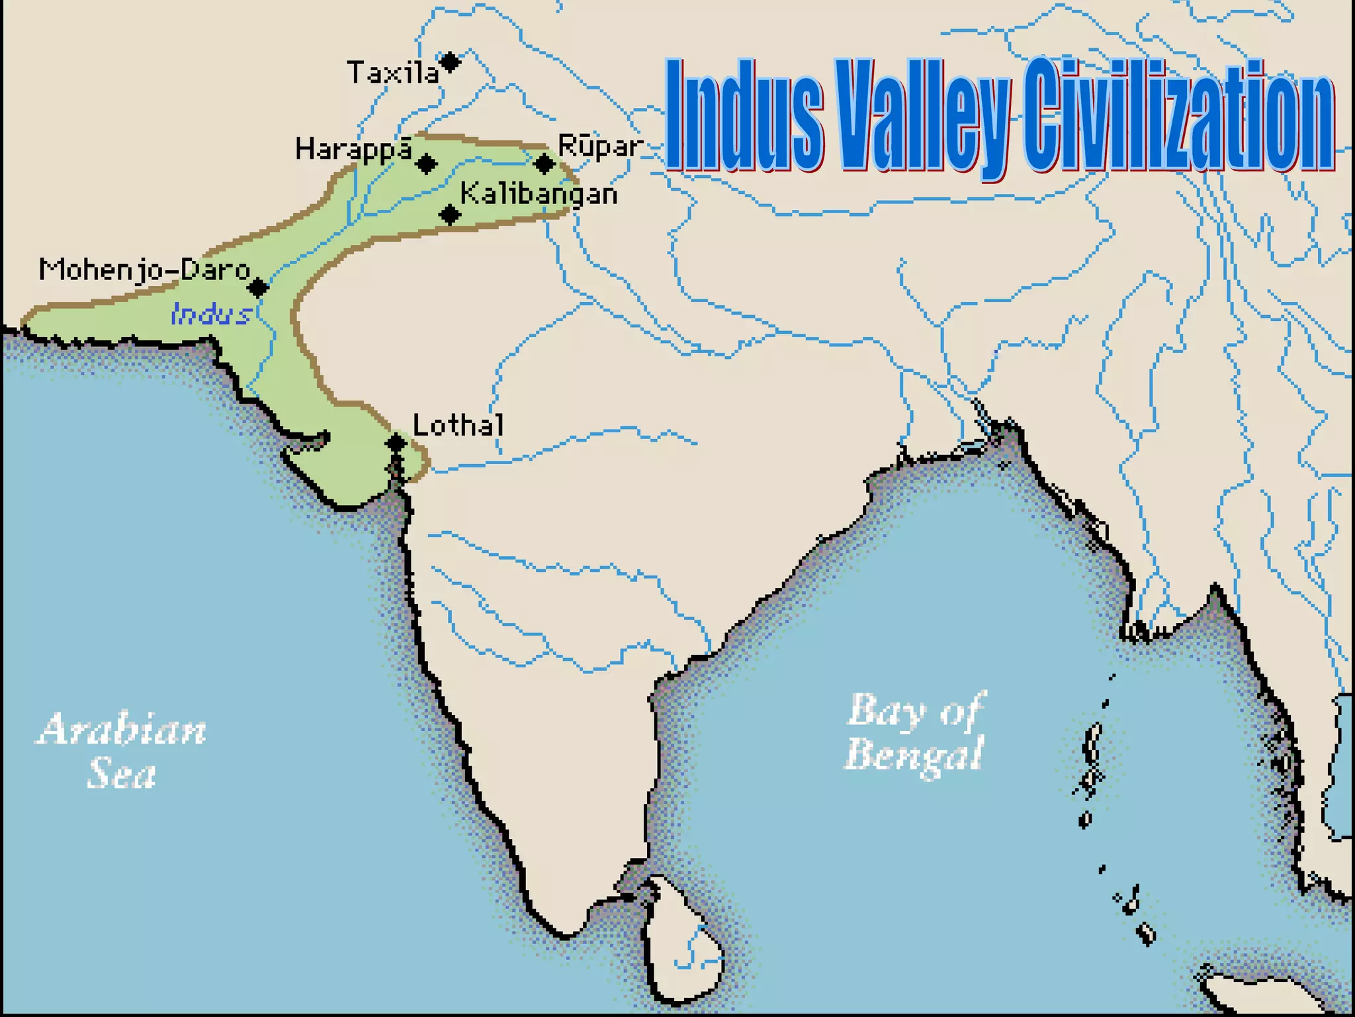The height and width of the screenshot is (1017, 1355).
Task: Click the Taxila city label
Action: click(393, 72)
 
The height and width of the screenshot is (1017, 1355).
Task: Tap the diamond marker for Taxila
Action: click(450, 62)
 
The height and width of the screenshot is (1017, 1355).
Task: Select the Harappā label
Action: click(354, 150)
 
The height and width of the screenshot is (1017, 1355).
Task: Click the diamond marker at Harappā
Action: click(427, 163)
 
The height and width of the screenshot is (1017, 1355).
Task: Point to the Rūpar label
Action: click(600, 146)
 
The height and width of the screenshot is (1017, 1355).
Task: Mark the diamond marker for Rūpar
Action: click(545, 163)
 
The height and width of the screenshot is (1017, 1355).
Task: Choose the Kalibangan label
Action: click(539, 195)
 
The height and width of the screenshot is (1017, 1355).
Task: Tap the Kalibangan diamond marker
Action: click(450, 215)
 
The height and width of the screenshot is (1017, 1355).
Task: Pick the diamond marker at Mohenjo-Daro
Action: click(258, 287)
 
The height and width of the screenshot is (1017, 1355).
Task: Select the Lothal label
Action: click(458, 425)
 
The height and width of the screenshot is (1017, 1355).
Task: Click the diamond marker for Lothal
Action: click(396, 442)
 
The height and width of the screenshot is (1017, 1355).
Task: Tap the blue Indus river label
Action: click(211, 314)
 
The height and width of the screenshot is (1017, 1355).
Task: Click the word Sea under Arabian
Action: click(122, 773)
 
